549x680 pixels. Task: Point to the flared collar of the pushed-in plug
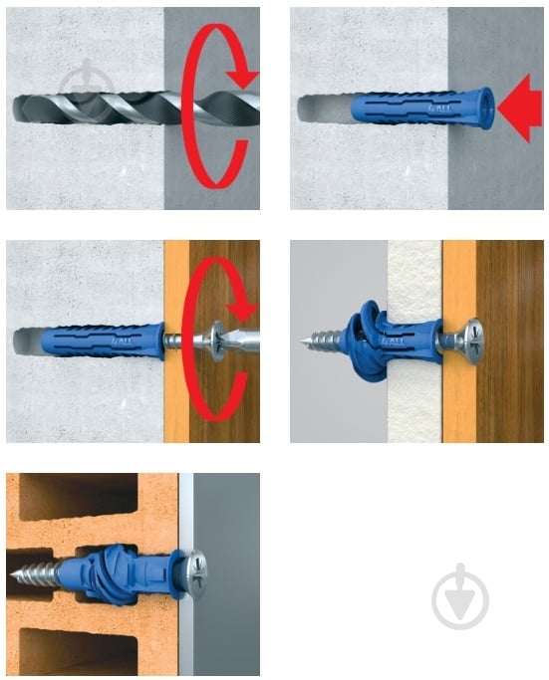pyautogui.click(x=485, y=109)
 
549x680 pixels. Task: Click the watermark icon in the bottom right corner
pyautogui.click(x=461, y=598)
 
